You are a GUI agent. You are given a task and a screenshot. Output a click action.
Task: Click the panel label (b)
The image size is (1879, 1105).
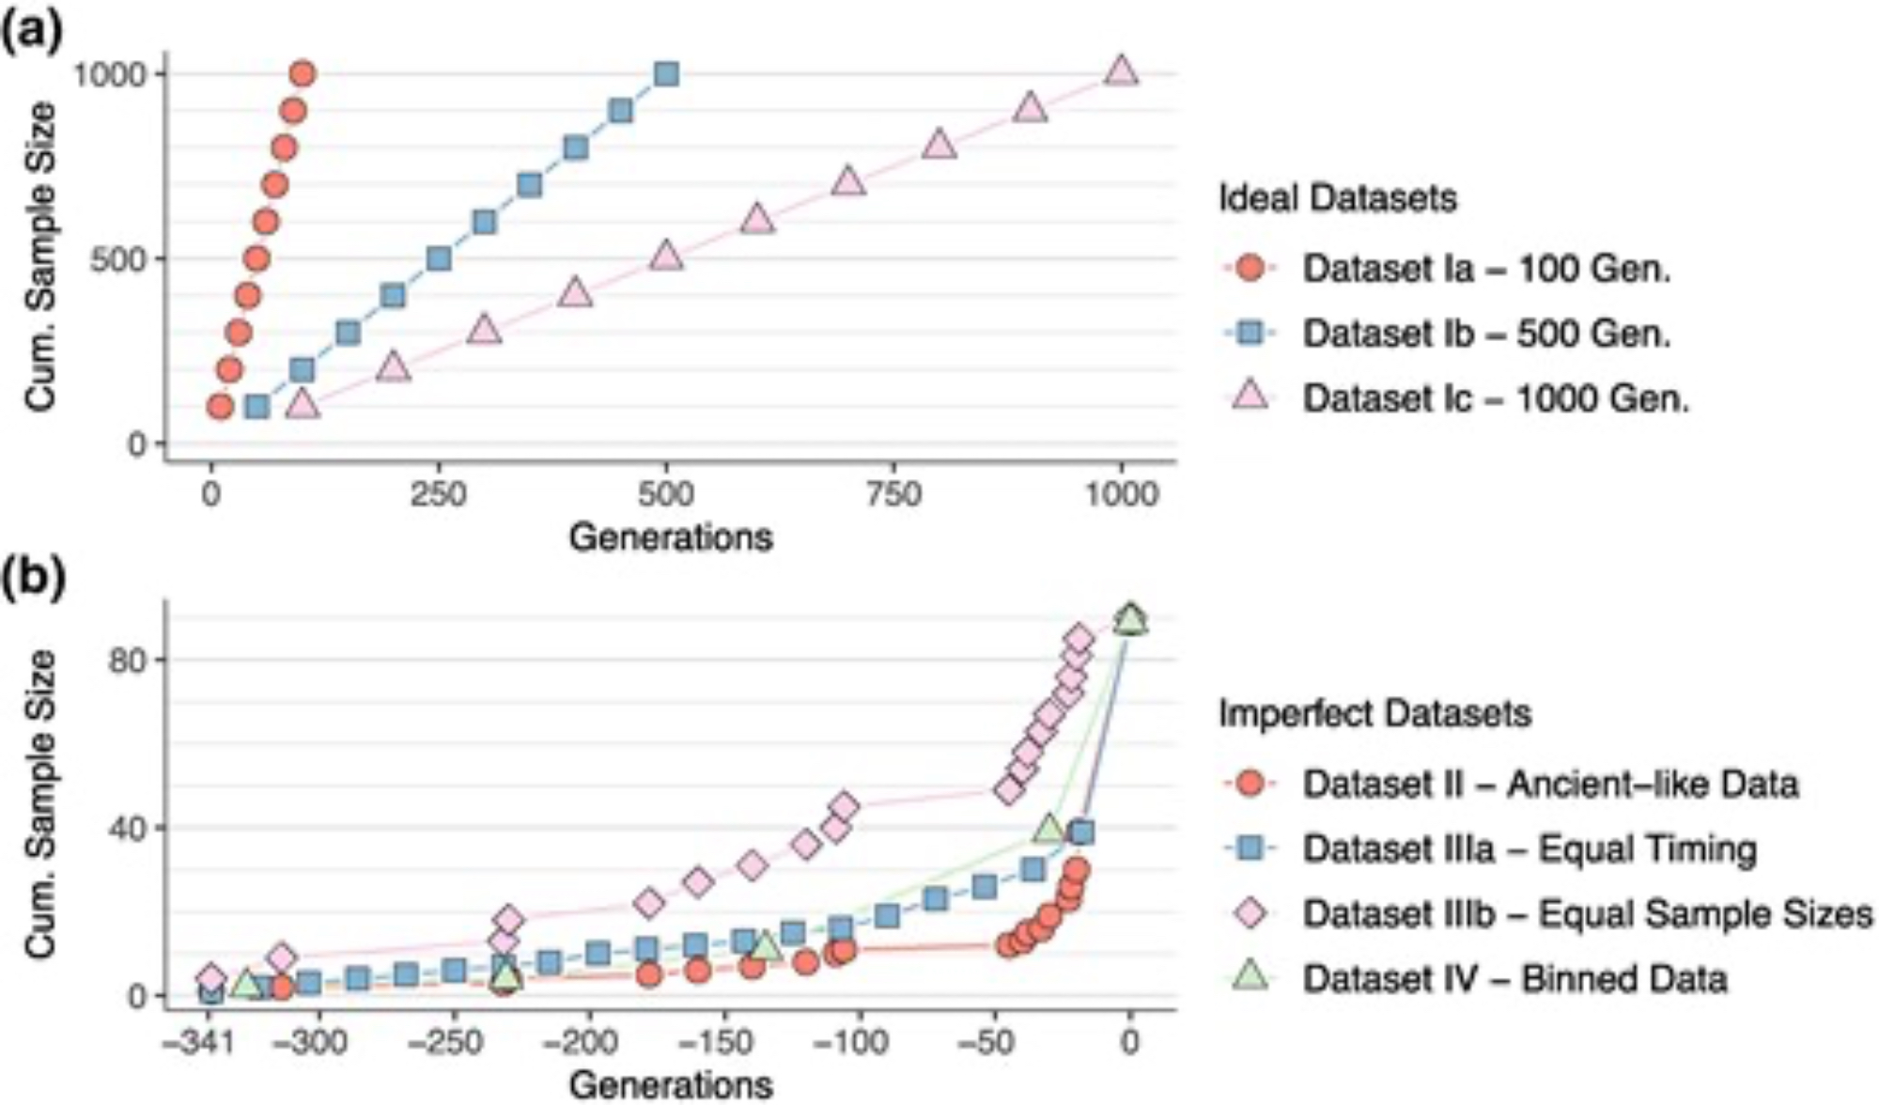click(x=32, y=578)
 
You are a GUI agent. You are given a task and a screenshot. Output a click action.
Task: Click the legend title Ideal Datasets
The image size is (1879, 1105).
click(x=1337, y=198)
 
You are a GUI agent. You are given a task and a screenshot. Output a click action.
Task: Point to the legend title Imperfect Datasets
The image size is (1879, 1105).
click(x=1374, y=713)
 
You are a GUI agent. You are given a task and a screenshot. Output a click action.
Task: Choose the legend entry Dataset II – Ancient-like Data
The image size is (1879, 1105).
click(x=1549, y=784)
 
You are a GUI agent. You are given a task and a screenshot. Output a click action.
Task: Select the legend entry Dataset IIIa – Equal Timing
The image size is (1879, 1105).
click(x=1529, y=848)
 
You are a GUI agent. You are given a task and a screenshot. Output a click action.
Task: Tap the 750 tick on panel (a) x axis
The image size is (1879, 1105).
click(x=893, y=493)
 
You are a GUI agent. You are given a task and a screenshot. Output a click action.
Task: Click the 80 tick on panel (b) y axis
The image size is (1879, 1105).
click(x=128, y=660)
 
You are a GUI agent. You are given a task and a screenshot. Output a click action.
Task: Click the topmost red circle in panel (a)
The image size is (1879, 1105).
click(x=302, y=73)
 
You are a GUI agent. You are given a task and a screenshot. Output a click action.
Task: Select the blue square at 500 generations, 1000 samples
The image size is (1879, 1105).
click(x=666, y=73)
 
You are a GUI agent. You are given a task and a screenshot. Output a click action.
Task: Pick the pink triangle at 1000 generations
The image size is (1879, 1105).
click(x=1121, y=71)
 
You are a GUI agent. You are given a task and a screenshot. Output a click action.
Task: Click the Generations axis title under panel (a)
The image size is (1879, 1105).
click(x=671, y=537)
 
